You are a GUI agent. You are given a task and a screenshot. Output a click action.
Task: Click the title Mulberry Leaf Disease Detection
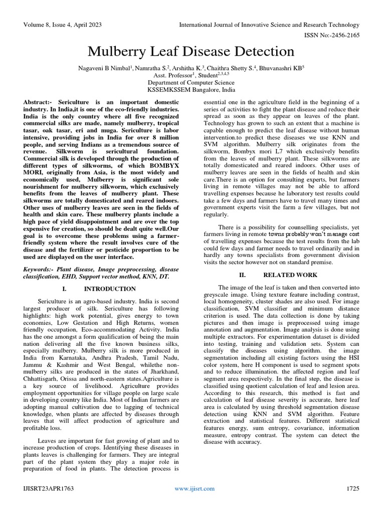click(x=192, y=51)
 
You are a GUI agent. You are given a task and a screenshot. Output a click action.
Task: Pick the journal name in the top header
click(x=269, y=25)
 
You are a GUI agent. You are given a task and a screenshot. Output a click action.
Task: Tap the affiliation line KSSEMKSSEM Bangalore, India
click(x=192, y=90)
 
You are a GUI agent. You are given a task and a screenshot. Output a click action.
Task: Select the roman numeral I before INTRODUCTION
click(x=64, y=289)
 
